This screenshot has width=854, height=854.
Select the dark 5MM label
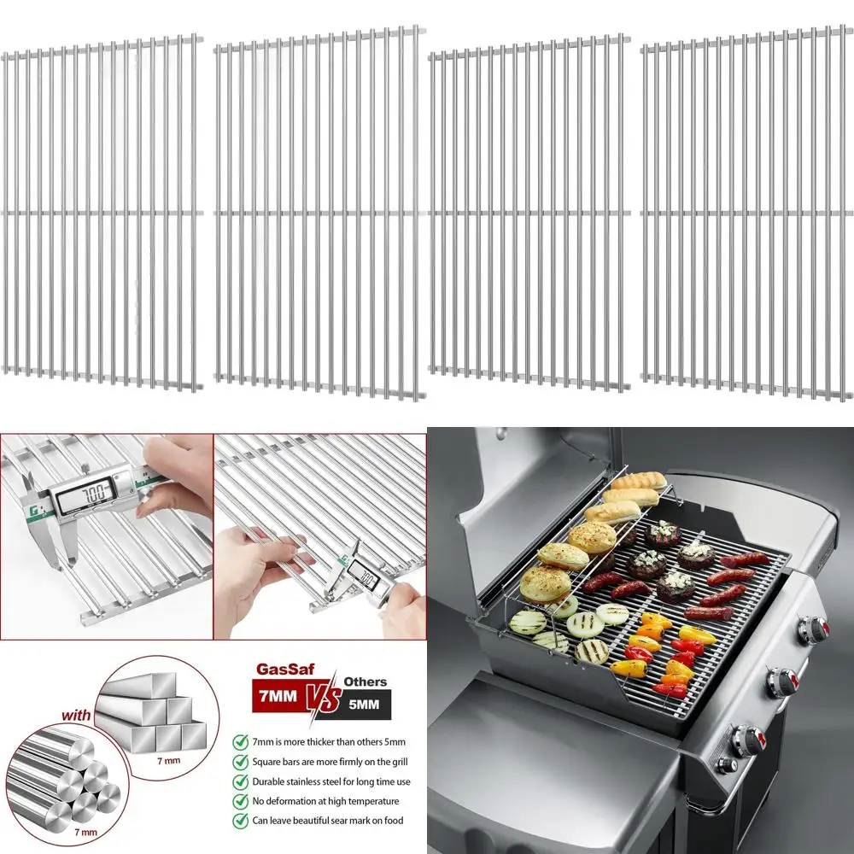click(366, 705)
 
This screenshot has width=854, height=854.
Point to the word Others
click(366, 681)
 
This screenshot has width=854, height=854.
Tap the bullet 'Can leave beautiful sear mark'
click(317, 821)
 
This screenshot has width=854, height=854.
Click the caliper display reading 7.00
click(94, 493)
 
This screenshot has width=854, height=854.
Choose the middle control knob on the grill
click(782, 681)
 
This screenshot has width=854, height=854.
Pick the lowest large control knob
click(749, 736)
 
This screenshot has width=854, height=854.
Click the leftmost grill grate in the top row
click(102, 209)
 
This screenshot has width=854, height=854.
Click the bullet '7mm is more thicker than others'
click(317, 741)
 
